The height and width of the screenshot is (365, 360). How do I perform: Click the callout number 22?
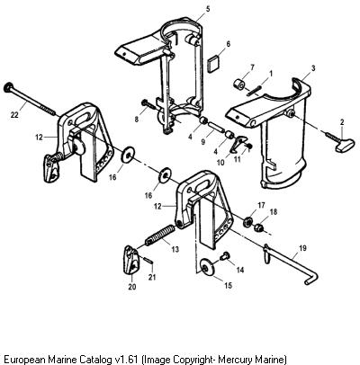[x=14, y=114]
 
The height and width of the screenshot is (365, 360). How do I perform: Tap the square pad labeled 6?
[x=214, y=64]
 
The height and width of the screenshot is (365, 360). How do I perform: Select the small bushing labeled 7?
[x=239, y=84]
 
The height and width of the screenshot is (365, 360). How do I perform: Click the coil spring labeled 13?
[x=160, y=236]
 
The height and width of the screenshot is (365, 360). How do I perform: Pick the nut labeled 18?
[x=259, y=228]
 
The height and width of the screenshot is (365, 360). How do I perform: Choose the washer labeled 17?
[x=247, y=222]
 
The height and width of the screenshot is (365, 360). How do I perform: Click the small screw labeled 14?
[x=224, y=256]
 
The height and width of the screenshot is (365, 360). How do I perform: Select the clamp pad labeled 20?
[x=131, y=260]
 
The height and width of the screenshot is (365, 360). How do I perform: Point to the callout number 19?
[x=302, y=248]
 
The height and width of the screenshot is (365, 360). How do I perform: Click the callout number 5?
[x=208, y=9]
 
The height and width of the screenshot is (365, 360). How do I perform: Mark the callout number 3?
[x=313, y=68]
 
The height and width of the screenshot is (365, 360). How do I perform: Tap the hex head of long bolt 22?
[x=8, y=87]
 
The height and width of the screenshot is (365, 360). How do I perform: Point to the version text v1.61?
[x=125, y=359]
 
